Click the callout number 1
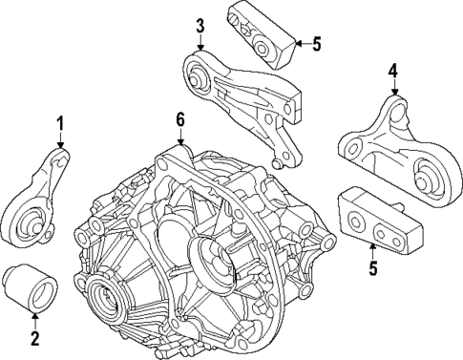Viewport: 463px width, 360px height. pos(60,123)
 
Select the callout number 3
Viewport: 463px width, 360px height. pos(200,26)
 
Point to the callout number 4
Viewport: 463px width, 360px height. pos(393,70)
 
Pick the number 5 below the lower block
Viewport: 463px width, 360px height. pos(373,268)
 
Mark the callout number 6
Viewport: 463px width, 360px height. pos(179,119)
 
